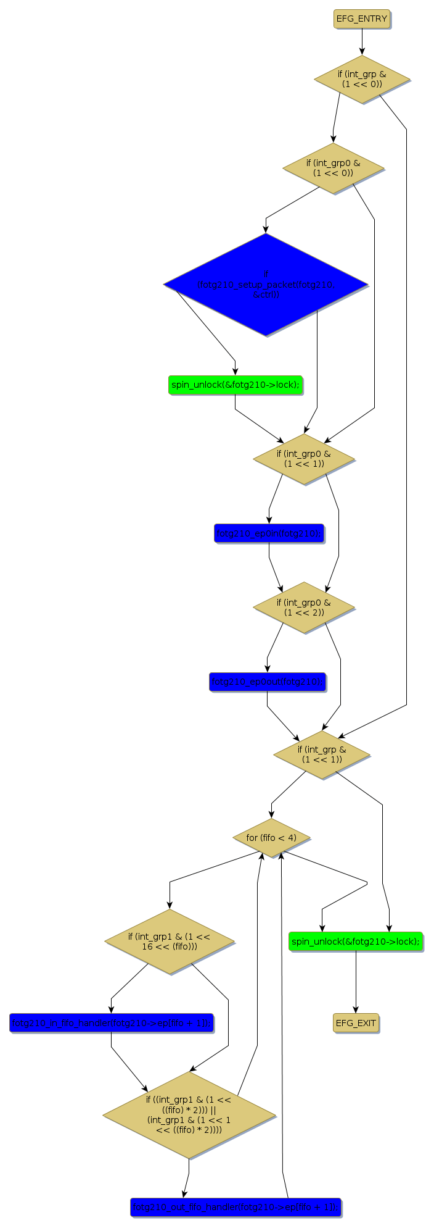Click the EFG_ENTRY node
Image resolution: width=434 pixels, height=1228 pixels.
pyautogui.click(x=362, y=19)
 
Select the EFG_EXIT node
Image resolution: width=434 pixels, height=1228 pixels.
pyautogui.click(x=356, y=1023)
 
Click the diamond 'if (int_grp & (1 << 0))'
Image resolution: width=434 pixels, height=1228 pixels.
pyautogui.click(x=362, y=79)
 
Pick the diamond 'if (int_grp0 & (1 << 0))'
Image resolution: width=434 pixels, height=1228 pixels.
pyautogui.click(x=334, y=168)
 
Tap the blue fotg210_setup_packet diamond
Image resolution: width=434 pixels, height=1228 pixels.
pyautogui.click(x=266, y=285)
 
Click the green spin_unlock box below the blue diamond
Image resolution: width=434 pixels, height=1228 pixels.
pyautogui.click(x=235, y=385)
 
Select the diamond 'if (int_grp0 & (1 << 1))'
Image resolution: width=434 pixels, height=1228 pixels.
pyautogui.click(x=304, y=459)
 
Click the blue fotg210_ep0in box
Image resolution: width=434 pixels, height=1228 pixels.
pyautogui.click(x=269, y=533)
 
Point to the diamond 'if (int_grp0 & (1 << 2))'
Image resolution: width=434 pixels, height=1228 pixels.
pyautogui.click(x=304, y=607)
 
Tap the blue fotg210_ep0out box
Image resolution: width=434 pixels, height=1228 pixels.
pyautogui.click(x=267, y=682)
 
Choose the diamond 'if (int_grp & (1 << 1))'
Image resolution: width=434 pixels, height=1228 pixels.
pyautogui.click(x=322, y=754)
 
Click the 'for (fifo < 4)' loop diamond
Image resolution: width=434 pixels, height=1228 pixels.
pyautogui.click(x=271, y=838)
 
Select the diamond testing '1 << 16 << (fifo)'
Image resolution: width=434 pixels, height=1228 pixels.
pyautogui.click(x=170, y=941)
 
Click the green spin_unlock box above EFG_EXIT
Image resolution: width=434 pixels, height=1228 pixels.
pyautogui.click(x=356, y=942)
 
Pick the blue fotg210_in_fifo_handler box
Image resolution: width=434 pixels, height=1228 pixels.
pyautogui.click(x=111, y=1023)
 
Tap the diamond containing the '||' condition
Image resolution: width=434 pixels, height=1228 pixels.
pyautogui.click(x=189, y=1114)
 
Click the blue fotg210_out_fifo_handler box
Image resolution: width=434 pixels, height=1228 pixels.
pyautogui.click(x=235, y=1207)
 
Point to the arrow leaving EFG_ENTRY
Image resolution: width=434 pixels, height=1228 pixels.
pyautogui.click(x=362, y=42)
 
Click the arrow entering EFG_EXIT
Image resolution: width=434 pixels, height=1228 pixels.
pyautogui.click(x=356, y=982)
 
